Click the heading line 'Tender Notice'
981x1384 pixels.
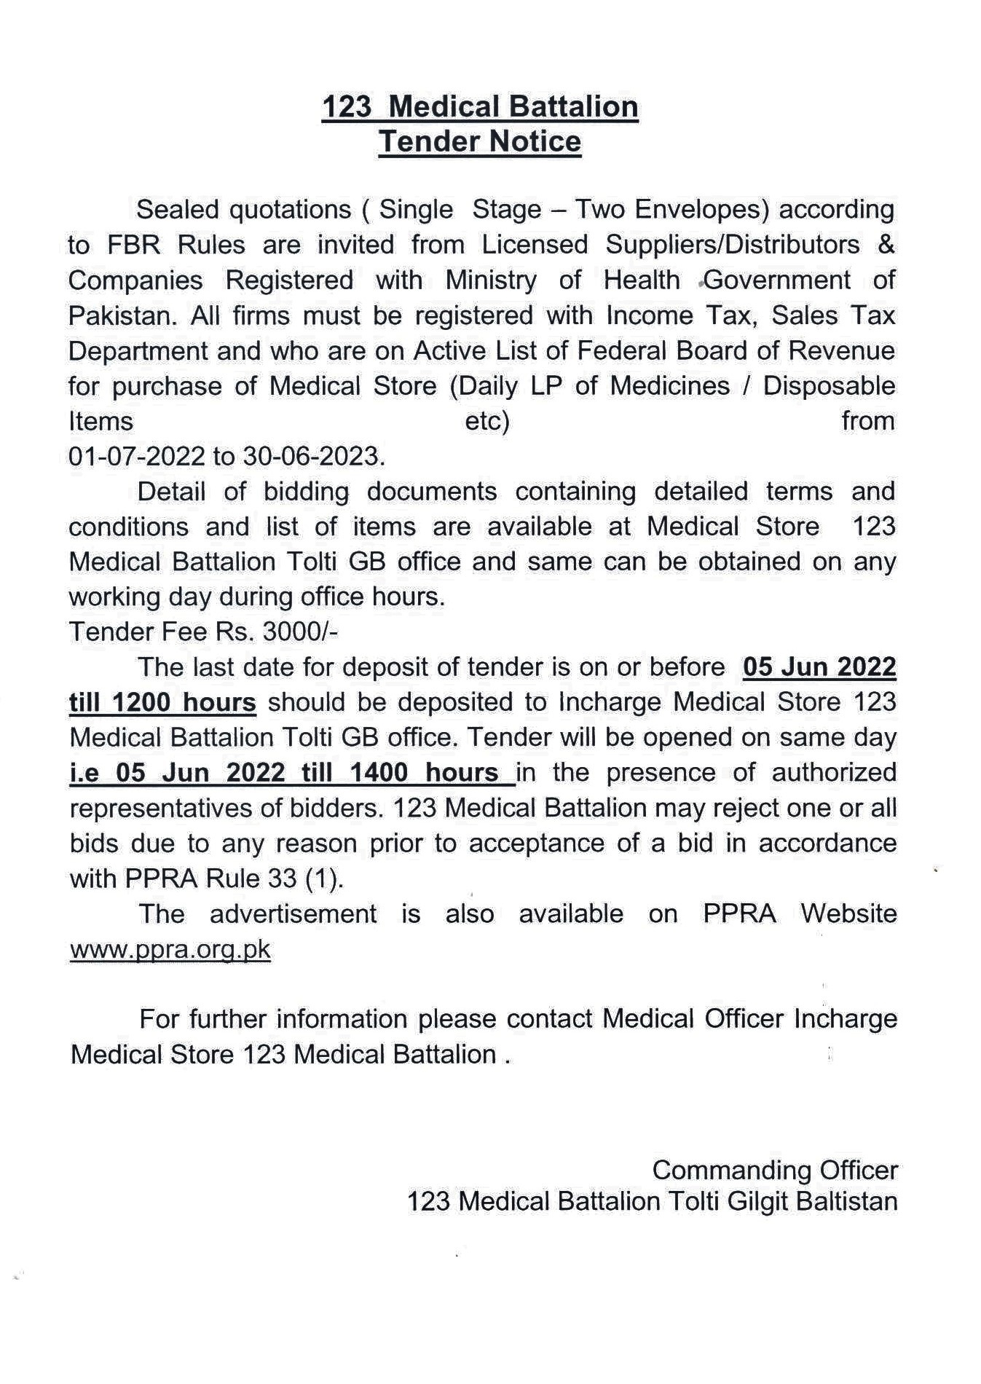(x=480, y=141)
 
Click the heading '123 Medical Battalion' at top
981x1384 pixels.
(x=480, y=107)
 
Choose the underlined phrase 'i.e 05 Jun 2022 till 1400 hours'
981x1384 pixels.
(x=291, y=773)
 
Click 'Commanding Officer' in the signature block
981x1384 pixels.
(x=775, y=1171)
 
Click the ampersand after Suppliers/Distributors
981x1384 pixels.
(x=886, y=245)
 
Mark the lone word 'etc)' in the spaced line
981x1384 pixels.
(x=486, y=422)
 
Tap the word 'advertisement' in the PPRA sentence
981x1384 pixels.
(x=293, y=914)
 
